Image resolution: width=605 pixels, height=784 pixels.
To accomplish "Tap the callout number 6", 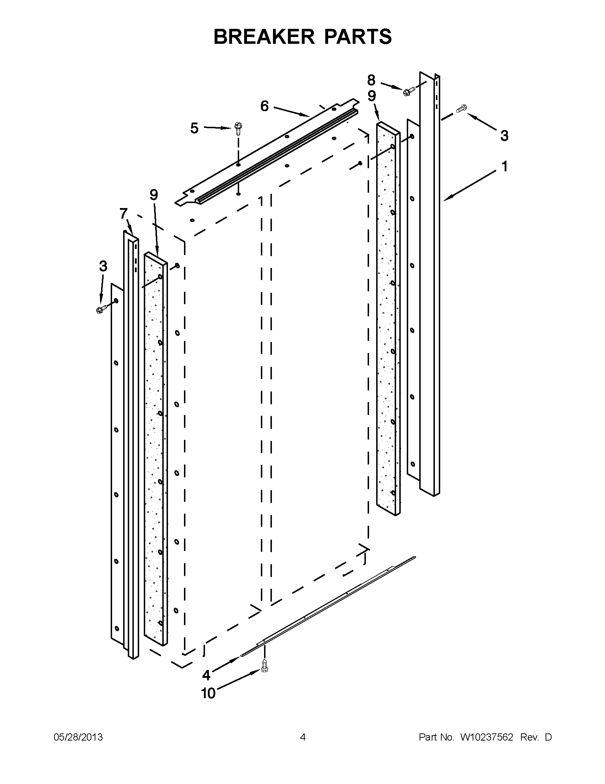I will click(264, 106).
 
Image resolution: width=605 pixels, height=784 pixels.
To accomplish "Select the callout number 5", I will click(194, 128).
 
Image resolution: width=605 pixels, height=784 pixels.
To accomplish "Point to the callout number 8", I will click(371, 80).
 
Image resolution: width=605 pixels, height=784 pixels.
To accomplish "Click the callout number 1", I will click(504, 167).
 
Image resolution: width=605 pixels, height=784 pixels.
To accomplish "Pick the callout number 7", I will click(123, 214).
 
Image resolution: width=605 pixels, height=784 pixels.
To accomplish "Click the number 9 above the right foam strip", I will click(372, 96).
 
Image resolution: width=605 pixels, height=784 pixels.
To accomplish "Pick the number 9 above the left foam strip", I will click(153, 195).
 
